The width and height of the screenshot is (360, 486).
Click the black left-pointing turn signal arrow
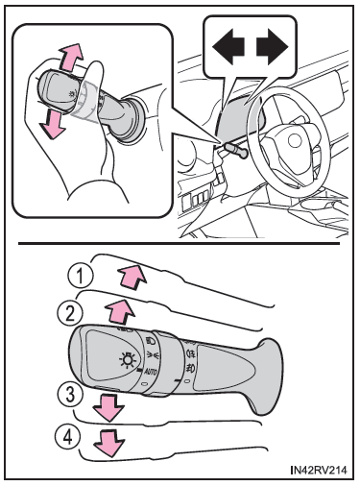[228, 47]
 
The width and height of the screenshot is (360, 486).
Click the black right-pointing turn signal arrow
[273, 47]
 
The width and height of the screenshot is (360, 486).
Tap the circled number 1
[81, 276]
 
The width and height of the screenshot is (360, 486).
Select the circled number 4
[67, 436]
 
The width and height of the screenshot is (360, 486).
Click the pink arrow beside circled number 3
[108, 406]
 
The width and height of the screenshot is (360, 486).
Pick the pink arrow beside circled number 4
[109, 443]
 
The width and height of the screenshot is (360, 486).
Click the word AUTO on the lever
[151, 372]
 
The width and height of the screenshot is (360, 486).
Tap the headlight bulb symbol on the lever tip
[127, 360]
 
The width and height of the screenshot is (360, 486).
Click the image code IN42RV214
[319, 470]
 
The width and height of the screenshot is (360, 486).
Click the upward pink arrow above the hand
[71, 57]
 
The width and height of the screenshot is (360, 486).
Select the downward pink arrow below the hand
[53, 124]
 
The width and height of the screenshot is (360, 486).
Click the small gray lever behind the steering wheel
[236, 150]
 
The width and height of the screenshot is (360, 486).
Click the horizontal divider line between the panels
[179, 244]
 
